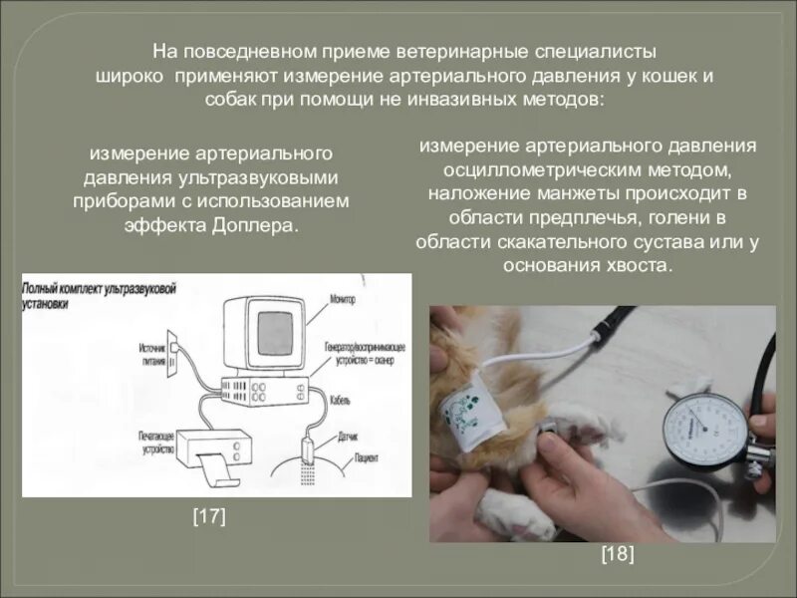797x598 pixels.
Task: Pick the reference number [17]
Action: pyautogui.click(x=208, y=515)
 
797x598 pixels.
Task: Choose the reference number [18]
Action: pyautogui.click(x=618, y=555)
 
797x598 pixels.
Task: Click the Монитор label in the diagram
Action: pyautogui.click(x=344, y=298)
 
